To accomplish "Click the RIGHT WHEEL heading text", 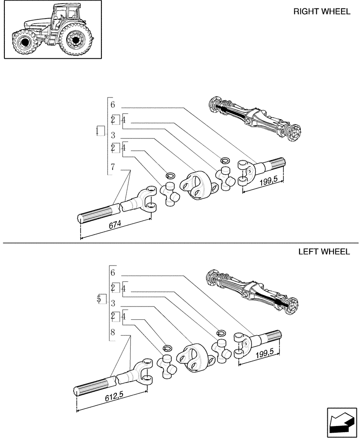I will point(322,12).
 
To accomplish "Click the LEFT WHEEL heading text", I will point(324,252).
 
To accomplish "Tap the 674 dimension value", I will point(115,224).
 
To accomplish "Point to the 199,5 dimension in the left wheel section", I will point(265,351).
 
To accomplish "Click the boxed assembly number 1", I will point(100,131).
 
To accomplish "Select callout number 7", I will point(113,167).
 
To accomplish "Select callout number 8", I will point(113,333).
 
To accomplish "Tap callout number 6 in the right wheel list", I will point(113,105).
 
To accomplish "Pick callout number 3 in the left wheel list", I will point(113,303).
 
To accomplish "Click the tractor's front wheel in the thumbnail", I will point(24,43).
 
